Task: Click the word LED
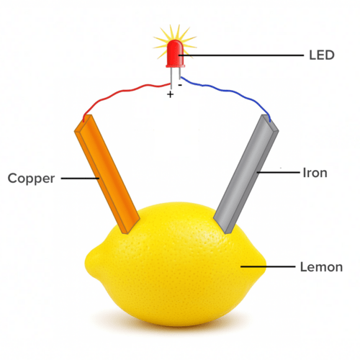coord(322,55)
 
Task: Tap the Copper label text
coord(31,179)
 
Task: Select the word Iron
coord(315,173)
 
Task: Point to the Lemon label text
coord(321,267)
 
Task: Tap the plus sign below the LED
coord(170,94)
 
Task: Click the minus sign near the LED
coord(180,85)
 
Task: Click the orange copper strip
coord(107,174)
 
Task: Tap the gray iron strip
coord(246,174)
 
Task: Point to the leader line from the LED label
coord(241,55)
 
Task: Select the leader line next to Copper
coord(80,179)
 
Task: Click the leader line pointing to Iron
coord(278,172)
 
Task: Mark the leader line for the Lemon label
coord(268,266)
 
